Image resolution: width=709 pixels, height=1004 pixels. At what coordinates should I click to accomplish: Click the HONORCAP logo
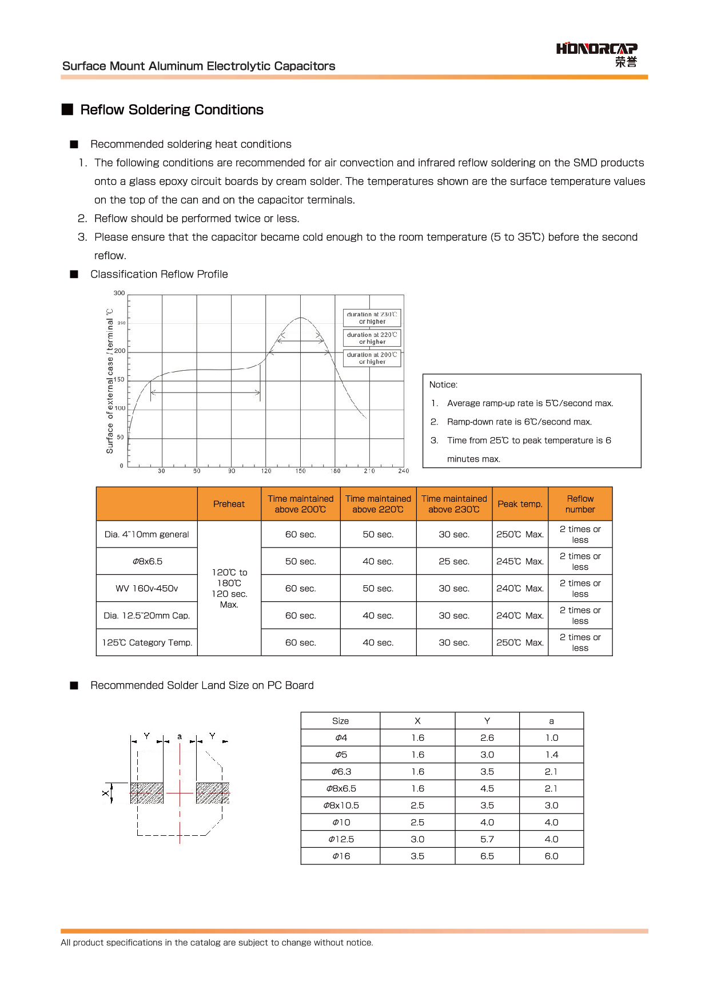point(596,54)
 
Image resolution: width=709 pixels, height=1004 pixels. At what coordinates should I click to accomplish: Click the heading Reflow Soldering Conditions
point(172,110)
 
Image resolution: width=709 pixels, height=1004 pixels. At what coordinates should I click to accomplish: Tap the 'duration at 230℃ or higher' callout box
point(372,318)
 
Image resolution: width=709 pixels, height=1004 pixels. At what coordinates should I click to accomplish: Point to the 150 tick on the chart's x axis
point(301,471)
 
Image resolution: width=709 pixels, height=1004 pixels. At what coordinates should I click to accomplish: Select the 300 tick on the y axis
point(119,293)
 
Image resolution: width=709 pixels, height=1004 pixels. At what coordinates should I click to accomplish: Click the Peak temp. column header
point(520,504)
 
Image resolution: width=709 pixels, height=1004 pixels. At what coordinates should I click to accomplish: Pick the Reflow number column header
point(580,504)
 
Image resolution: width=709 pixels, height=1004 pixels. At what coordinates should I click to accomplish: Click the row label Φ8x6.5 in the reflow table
point(148,562)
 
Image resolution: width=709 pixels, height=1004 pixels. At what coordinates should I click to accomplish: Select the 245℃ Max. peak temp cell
point(520,562)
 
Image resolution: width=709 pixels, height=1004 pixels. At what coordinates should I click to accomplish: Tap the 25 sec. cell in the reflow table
point(454,562)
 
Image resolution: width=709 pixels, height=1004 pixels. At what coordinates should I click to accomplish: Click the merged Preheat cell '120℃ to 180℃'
point(229,588)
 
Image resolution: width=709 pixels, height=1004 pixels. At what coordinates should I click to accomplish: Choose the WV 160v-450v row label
point(147,589)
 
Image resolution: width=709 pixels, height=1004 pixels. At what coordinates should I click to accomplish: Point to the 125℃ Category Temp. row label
point(147,643)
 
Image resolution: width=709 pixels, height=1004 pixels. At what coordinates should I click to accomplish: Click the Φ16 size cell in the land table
point(341,856)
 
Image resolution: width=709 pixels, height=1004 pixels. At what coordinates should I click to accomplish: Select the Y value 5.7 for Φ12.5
point(487,839)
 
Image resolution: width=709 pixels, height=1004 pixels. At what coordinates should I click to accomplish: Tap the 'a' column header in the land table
point(551,721)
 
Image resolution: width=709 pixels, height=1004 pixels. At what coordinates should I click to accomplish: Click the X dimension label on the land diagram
point(105,793)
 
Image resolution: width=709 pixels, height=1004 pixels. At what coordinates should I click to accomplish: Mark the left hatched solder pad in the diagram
point(147,793)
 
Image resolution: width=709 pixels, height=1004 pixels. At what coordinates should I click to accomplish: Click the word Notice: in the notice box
point(444,385)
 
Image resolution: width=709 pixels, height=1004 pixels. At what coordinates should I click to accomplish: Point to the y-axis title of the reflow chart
point(110,381)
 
